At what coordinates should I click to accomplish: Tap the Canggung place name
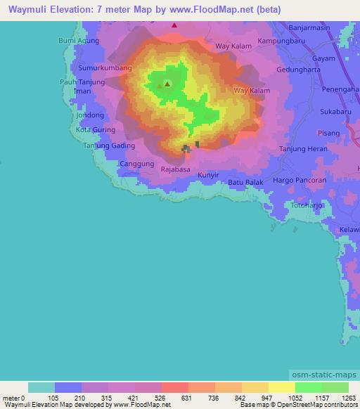137,164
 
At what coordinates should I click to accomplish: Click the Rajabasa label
176,169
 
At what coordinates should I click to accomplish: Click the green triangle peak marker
167,84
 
